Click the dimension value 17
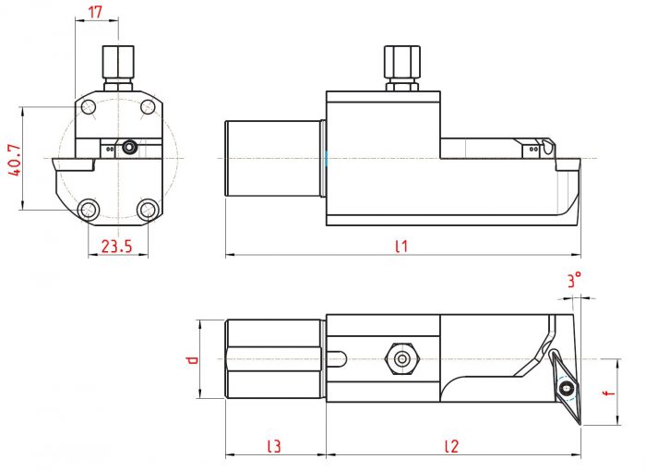pos(95,12)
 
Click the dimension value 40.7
pos(15,160)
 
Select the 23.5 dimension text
pos(117,247)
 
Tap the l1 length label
pos(401,247)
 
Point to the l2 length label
pos(451,446)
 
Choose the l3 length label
pos(274,446)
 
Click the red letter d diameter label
pos(192,359)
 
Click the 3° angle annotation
pos(574,280)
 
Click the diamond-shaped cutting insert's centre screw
pos(566,388)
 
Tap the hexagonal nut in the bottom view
pos(401,359)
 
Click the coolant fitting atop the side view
pos(402,68)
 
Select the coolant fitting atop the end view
pos(118,68)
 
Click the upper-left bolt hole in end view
pos(89,107)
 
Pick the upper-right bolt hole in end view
pos(147,107)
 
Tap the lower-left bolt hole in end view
pos(89,210)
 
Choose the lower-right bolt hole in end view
pos(147,210)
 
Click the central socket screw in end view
pos(130,147)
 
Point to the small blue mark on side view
pos(327,159)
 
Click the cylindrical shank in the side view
pos(273,158)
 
